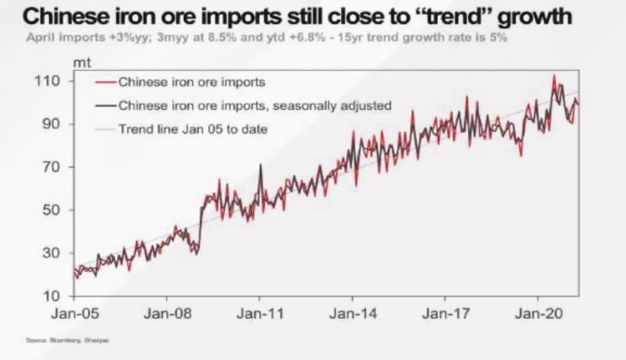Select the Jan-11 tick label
260,313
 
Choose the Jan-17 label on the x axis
446,313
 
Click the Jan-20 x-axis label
539,313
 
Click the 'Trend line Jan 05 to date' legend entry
193,128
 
